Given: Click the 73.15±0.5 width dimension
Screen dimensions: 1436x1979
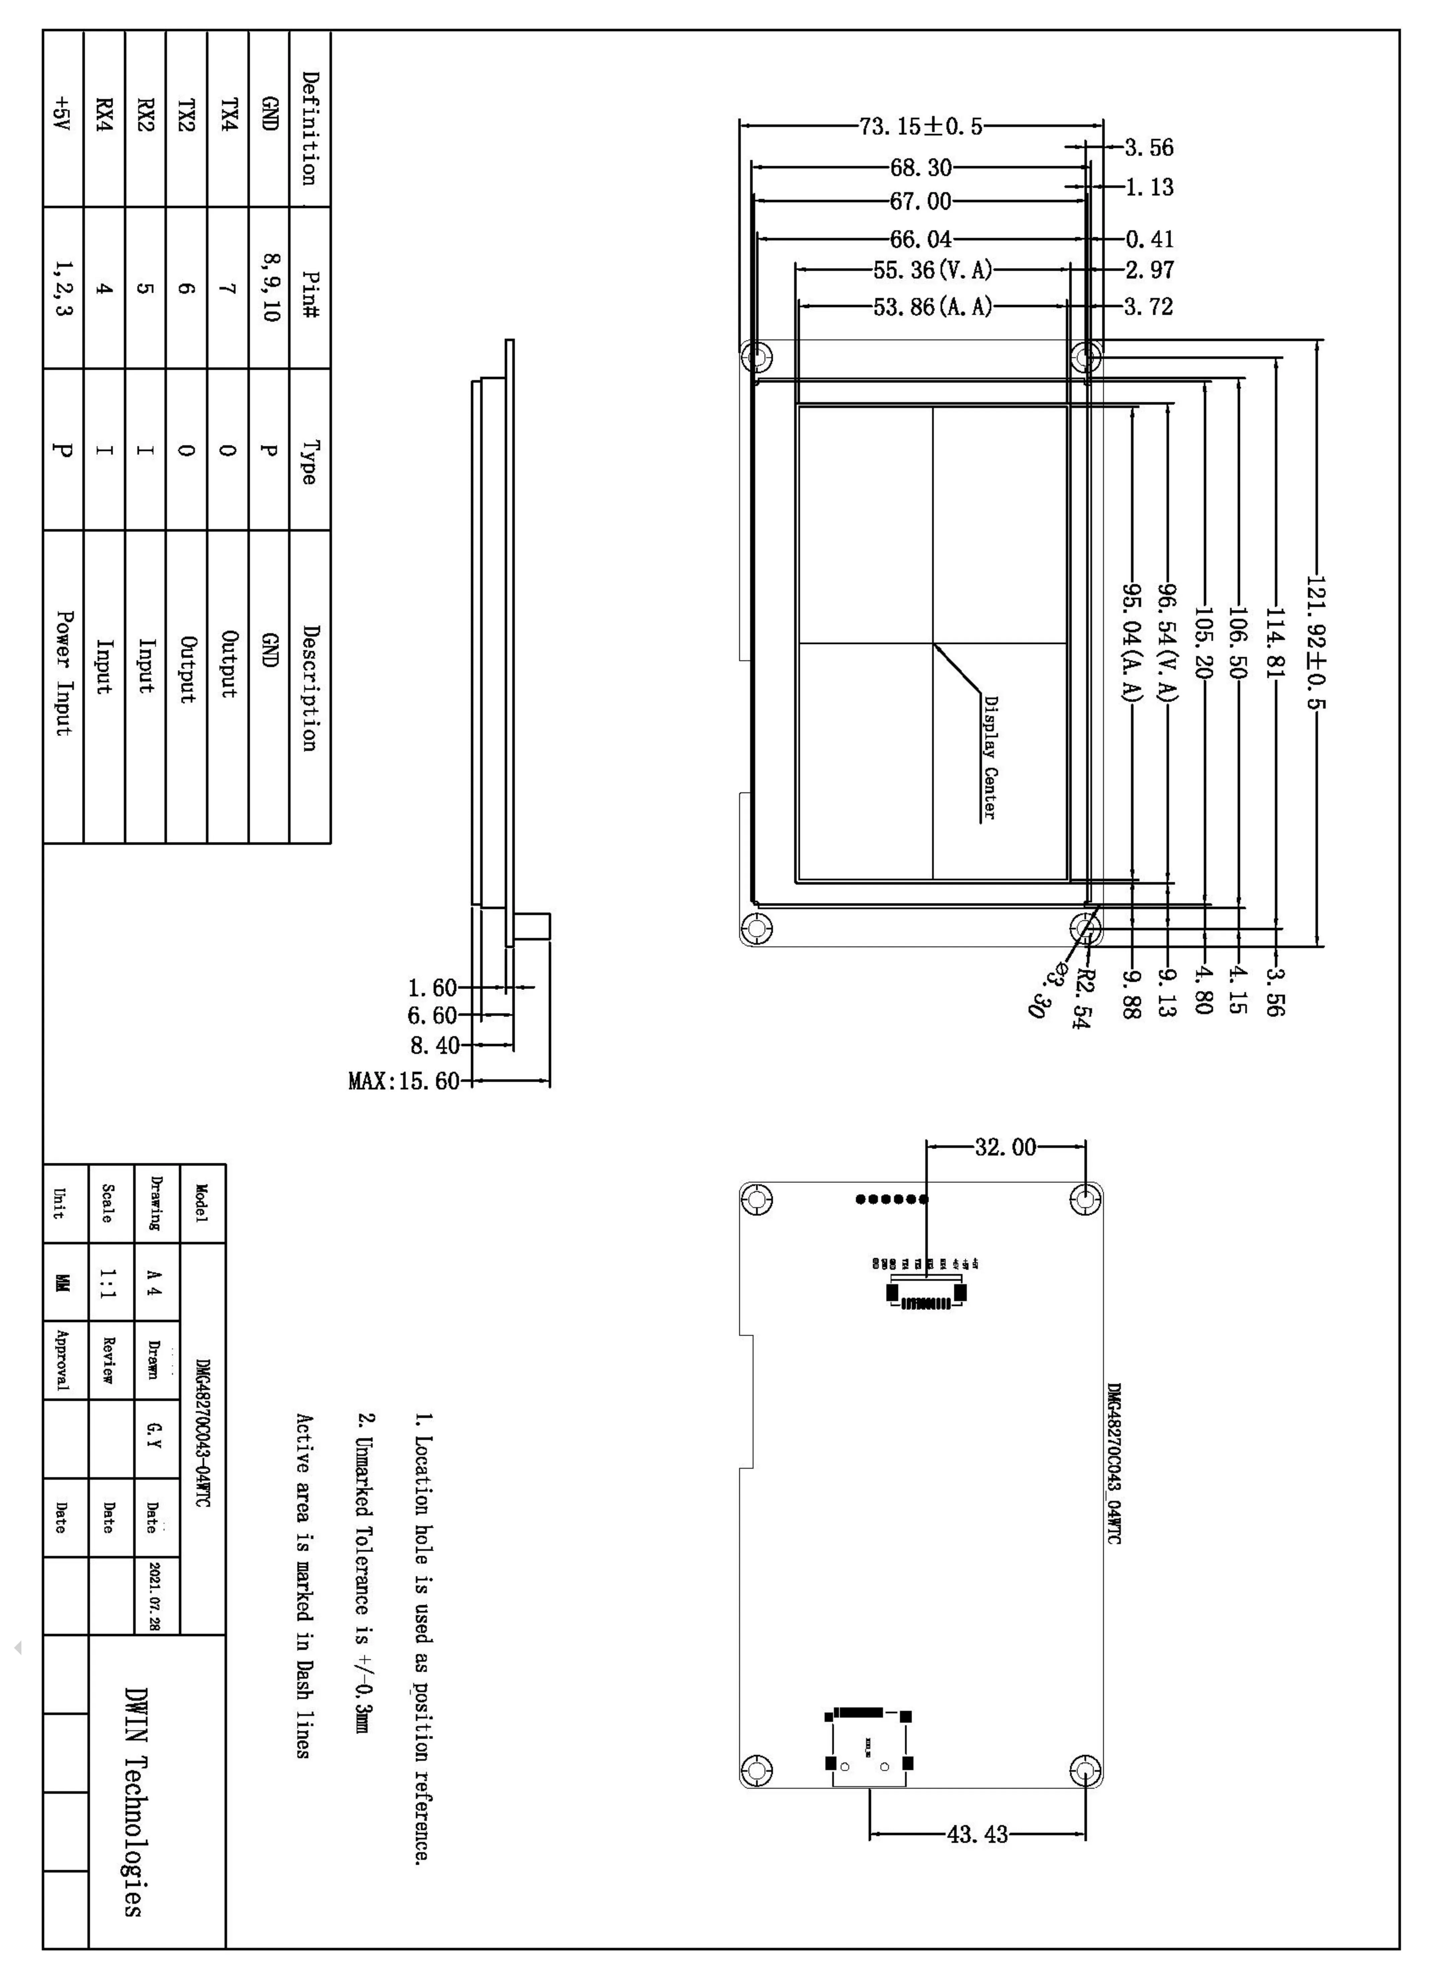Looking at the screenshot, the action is click(x=920, y=127).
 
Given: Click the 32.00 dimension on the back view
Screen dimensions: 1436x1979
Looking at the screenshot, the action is click(x=1005, y=1147).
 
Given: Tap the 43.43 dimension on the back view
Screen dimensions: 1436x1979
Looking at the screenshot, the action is click(x=977, y=1834).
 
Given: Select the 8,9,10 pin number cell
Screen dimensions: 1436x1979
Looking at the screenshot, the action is click(x=270, y=287).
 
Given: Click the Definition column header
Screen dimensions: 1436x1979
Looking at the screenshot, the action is click(x=309, y=128).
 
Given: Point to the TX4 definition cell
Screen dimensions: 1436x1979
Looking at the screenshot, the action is click(x=228, y=115).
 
